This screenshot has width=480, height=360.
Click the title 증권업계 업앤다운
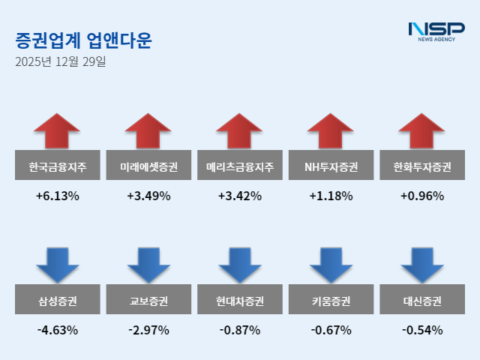83,40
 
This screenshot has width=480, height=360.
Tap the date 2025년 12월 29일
60,62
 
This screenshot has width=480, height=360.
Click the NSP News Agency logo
436,31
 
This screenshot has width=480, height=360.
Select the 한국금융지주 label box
58,166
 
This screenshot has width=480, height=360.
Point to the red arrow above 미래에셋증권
148,130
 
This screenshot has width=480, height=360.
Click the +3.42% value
240,196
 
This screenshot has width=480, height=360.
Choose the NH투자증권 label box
331,166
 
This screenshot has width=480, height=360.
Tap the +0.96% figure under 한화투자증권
422,196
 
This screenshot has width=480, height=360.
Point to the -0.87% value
240,330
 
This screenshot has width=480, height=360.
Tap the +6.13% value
58,196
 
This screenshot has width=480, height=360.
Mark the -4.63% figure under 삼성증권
58,330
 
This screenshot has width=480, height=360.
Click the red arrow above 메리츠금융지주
240,130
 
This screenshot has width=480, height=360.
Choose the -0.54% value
422,330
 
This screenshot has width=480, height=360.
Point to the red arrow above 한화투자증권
422,130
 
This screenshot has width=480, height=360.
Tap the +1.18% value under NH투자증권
331,196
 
